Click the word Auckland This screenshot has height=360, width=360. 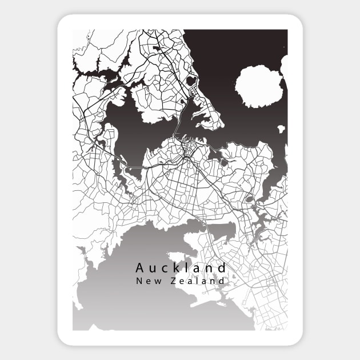(x=181, y=267)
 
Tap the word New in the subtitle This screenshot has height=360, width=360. (x=147, y=281)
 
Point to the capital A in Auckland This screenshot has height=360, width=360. (x=140, y=267)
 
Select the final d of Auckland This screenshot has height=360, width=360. (x=222, y=267)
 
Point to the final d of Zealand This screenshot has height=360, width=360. (x=222, y=281)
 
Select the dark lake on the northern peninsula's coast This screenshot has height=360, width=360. (x=192, y=82)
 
